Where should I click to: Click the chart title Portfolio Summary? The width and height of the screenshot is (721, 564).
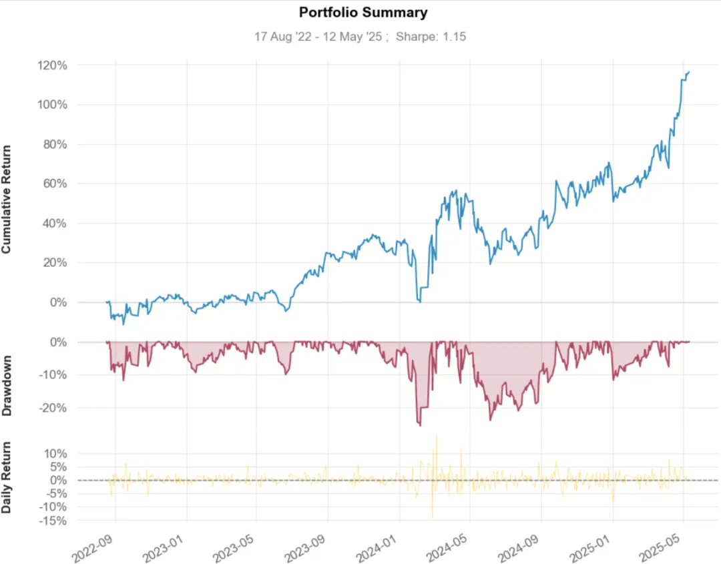363,13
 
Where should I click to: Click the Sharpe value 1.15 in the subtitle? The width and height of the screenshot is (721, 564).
455,37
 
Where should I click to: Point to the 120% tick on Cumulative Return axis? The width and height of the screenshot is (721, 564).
53,65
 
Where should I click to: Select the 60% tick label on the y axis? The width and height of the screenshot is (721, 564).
55,184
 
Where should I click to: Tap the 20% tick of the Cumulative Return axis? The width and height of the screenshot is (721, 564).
55,262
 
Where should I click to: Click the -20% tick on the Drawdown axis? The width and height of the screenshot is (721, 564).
53,408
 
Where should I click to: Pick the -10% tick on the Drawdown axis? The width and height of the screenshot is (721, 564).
53,374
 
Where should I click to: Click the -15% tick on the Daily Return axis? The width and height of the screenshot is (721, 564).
53,521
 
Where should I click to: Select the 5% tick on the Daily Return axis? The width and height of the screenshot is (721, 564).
58,467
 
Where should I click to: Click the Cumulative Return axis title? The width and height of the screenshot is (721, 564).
7,199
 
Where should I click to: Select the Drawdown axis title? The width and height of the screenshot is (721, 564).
7,386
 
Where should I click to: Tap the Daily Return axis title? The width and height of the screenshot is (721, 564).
7,478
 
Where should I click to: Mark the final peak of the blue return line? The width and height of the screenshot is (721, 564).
689,71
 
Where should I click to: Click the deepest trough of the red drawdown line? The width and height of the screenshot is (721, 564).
420,426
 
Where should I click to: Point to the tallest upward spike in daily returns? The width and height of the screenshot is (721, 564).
437,435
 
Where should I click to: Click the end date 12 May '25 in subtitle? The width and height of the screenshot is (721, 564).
352,37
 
